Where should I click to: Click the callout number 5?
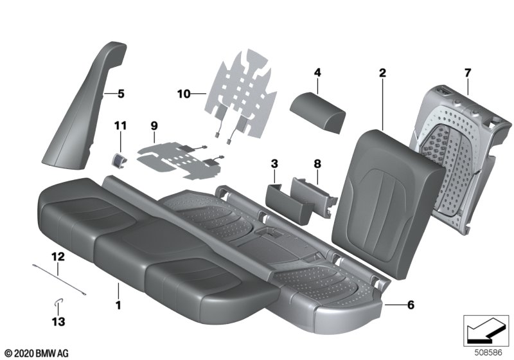(121, 94)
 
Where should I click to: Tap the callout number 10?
(184, 94)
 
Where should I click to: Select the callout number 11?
(120, 125)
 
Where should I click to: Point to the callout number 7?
(468, 73)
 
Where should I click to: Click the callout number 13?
(58, 321)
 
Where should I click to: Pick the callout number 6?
(411, 305)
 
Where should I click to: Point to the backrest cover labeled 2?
(387, 203)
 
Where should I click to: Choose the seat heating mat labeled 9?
(181, 161)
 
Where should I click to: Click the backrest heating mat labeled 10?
(241, 95)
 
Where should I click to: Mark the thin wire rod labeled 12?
(59, 280)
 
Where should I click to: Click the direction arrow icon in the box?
(486, 330)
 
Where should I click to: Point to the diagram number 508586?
(488, 353)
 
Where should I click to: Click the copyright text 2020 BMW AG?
(37, 354)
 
